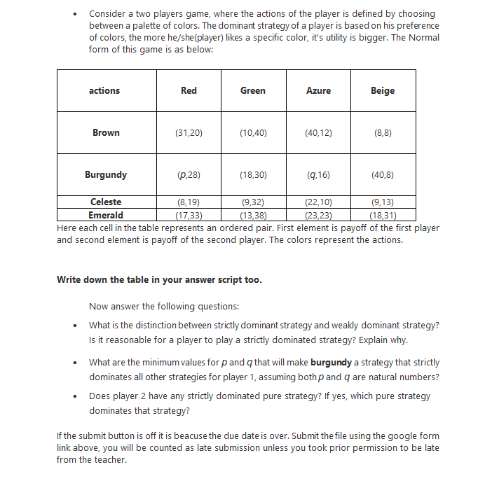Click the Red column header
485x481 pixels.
pyautogui.click(x=189, y=90)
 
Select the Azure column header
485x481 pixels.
pyautogui.click(x=318, y=90)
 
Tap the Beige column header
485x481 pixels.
pyautogui.click(x=382, y=90)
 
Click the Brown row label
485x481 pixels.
pyautogui.click(x=106, y=132)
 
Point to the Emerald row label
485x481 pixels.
pyautogui.click(x=106, y=215)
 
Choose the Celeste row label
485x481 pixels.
pyautogui.click(x=106, y=202)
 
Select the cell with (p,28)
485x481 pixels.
pyautogui.click(x=189, y=174)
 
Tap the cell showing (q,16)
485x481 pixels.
pyautogui.click(x=318, y=174)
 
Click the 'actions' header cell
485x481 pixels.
pyautogui.click(x=104, y=90)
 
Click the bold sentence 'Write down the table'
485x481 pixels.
pyautogui.click(x=159, y=279)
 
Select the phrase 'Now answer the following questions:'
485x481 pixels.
pyautogui.click(x=164, y=305)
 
